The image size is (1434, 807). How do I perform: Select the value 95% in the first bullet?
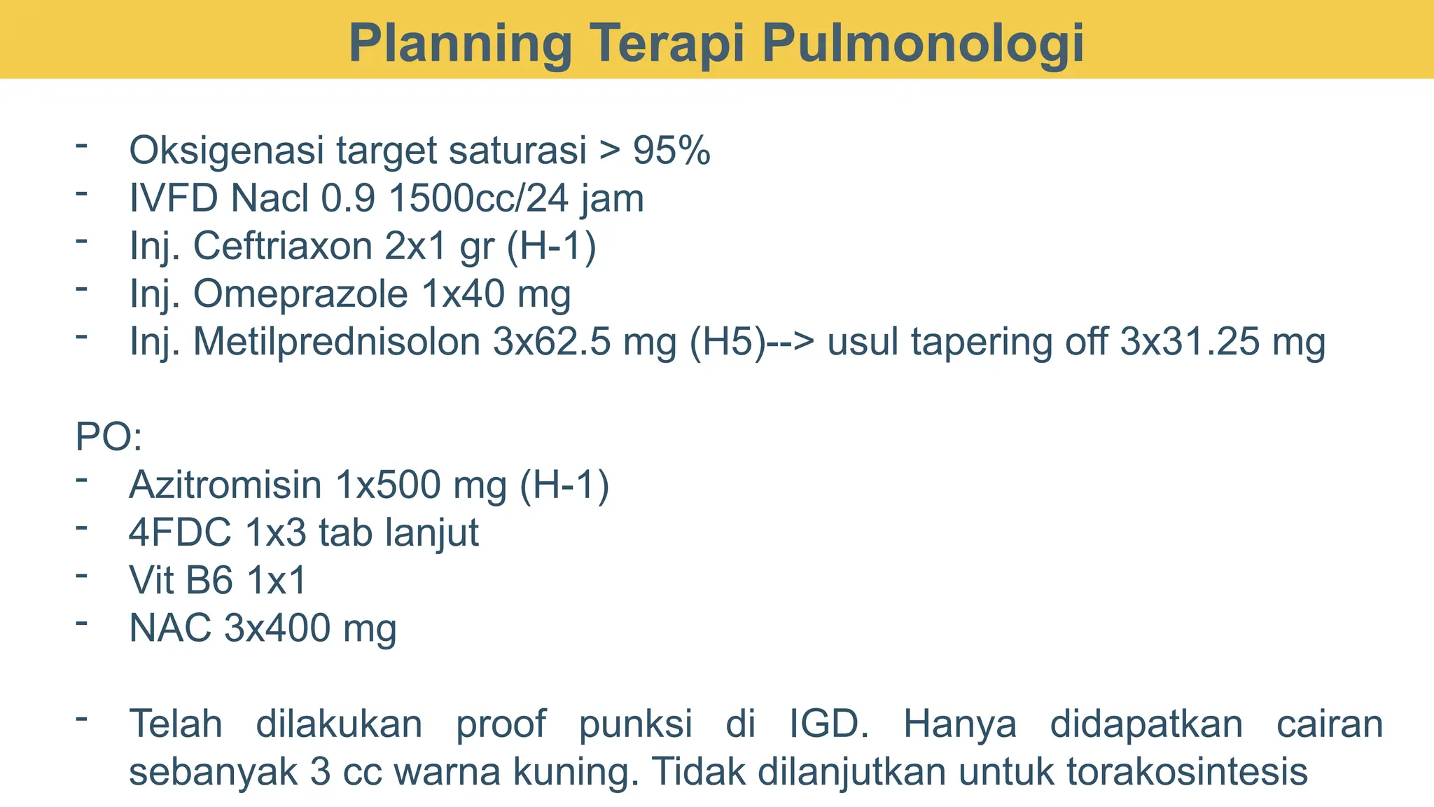tap(671, 150)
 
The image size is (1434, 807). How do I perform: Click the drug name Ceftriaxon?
tap(284, 246)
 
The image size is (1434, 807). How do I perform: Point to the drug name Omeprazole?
tap(300, 294)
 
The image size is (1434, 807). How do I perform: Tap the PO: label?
tap(109, 436)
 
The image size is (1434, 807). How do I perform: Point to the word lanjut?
tap(433, 532)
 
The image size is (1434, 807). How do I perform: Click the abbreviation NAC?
tap(170, 628)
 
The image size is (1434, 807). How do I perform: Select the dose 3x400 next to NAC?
tap(277, 628)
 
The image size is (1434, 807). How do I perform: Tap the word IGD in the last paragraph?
tap(828, 723)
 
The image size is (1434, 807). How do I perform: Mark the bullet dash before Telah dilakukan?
tap(83, 719)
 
